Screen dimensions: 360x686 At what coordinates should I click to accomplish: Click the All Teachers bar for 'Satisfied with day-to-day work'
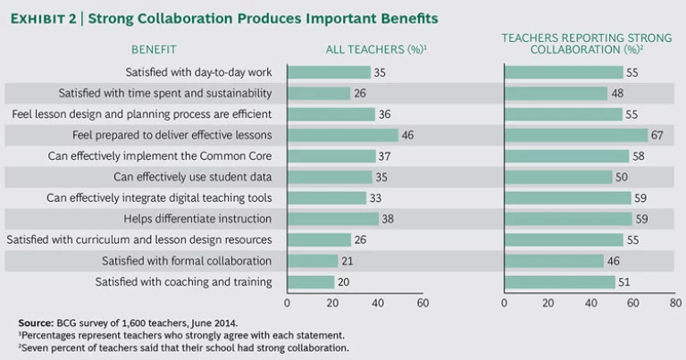point(327,72)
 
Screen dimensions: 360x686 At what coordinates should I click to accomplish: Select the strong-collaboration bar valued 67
point(575,135)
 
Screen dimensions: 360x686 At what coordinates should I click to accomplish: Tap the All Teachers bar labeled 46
point(340,135)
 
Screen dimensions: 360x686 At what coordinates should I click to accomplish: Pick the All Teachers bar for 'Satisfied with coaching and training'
point(309,282)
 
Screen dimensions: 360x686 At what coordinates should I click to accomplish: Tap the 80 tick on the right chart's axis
point(675,303)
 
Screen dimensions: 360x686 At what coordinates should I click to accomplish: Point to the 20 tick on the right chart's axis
point(547,303)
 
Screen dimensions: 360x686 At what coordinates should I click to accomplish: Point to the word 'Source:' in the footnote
point(37,321)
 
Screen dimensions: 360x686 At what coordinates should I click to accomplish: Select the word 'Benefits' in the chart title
point(406,19)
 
